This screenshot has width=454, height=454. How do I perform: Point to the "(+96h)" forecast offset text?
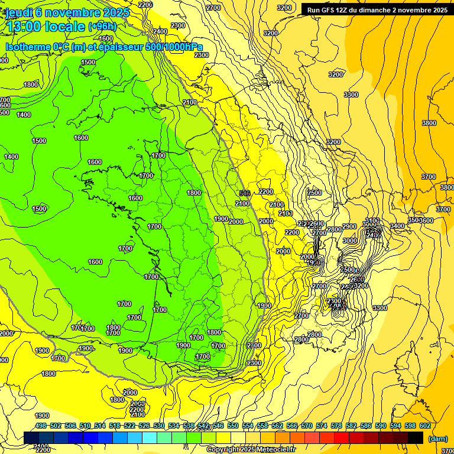point(102,27)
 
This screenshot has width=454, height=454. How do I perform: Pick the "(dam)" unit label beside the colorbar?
point(437,438)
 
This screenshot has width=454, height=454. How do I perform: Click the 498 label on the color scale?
point(41,426)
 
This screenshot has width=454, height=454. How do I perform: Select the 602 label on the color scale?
point(425,426)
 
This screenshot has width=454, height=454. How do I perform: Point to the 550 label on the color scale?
point(233,426)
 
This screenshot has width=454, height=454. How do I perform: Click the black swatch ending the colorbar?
point(416,437)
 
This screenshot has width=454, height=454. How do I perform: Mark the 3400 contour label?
point(397,226)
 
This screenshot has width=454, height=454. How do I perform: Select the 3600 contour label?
point(426,220)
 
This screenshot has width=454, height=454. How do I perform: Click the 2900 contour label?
point(349,226)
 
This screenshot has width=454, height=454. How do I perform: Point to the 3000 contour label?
point(350,241)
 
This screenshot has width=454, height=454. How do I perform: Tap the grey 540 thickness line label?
point(245,193)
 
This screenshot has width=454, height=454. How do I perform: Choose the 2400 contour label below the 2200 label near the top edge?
point(160,31)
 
